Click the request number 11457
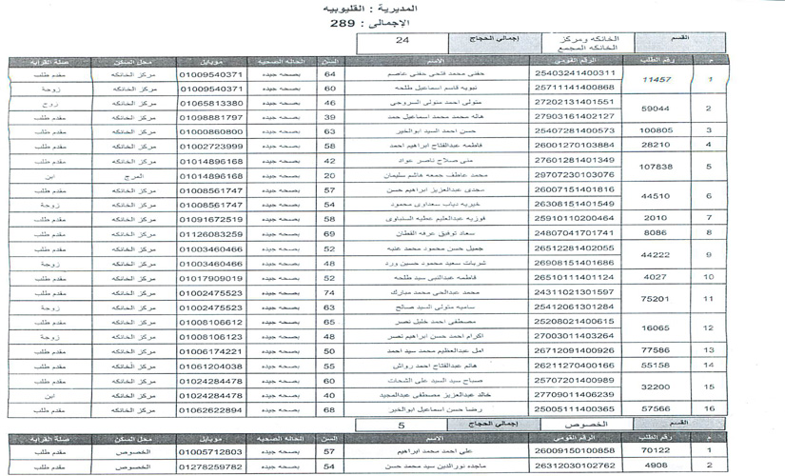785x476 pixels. click(x=657, y=80)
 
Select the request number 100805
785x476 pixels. click(x=657, y=131)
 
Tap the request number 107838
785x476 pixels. click(x=657, y=168)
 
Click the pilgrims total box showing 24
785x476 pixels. click(x=402, y=41)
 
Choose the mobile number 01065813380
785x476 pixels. click(x=210, y=103)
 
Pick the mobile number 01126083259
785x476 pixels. click(x=210, y=234)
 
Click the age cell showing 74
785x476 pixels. click(x=329, y=292)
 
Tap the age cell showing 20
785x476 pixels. click(x=329, y=175)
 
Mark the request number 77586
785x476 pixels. click(x=657, y=350)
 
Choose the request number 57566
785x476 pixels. click(x=657, y=408)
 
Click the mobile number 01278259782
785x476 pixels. click(x=210, y=467)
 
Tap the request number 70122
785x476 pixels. click(x=657, y=451)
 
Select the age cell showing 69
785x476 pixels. click(x=329, y=234)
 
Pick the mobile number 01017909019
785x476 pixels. click(x=210, y=278)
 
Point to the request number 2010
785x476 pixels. click(x=657, y=219)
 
